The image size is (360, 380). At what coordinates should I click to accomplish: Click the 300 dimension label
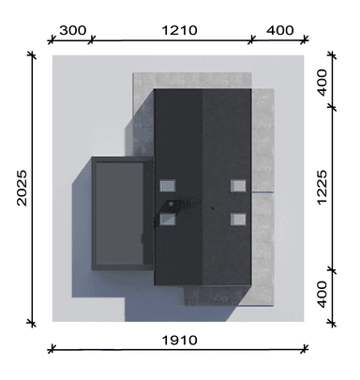(72, 31)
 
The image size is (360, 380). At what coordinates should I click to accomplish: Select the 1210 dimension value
(179, 31)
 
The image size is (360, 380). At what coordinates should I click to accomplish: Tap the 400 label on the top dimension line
(280, 31)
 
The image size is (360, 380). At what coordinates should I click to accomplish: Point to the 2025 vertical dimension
(22, 188)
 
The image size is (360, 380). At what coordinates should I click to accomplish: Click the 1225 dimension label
(322, 188)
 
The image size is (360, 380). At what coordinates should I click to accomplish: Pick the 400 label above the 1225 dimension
(322, 83)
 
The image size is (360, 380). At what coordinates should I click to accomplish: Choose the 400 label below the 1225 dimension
(322, 295)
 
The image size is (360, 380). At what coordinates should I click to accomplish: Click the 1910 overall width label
(179, 341)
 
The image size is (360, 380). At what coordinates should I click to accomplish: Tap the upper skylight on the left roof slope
(168, 186)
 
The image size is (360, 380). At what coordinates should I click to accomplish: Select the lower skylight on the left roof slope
(168, 220)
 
